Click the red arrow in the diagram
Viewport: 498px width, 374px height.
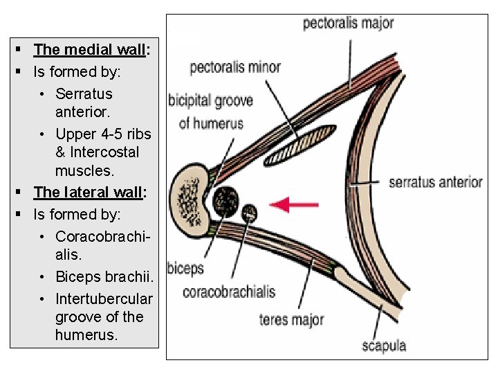[x=294, y=204]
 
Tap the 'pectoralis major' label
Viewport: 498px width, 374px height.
[x=348, y=23]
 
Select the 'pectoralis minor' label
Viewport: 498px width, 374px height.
[x=235, y=67]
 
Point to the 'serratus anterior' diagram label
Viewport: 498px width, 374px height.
[x=435, y=182]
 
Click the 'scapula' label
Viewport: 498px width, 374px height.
[x=384, y=346]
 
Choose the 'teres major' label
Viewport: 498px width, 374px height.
[x=291, y=319]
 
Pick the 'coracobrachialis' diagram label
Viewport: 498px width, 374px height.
[x=229, y=292]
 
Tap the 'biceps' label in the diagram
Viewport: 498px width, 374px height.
[x=185, y=269]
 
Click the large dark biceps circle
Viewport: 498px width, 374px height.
[x=225, y=200]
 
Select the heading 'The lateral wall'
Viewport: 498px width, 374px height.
[x=89, y=193]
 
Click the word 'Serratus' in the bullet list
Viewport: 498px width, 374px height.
[x=84, y=93]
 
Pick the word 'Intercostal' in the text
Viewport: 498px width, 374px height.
[x=104, y=152]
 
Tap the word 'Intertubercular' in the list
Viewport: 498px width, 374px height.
[x=104, y=299]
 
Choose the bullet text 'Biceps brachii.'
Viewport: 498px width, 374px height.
[x=104, y=277]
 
